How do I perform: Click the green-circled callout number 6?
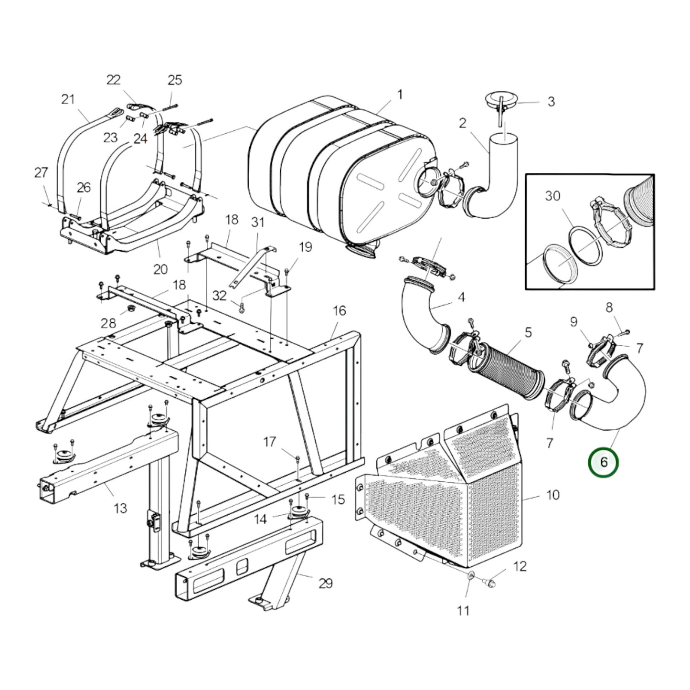pos(604,462)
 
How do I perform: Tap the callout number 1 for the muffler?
pos(400,95)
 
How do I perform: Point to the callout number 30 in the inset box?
pos(552,196)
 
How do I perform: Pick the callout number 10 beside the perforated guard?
pos(552,495)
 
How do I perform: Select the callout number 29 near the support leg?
pos(325,583)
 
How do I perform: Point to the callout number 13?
pos(120,508)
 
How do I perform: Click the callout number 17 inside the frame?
pos(270,442)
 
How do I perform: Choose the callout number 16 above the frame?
pos(339,311)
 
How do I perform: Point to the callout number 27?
pos(41,172)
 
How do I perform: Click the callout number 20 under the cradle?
pos(160,269)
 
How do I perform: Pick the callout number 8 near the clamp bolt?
pos(609,308)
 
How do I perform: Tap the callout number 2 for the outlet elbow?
pos(462,123)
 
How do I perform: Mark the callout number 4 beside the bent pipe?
pos(461,297)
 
